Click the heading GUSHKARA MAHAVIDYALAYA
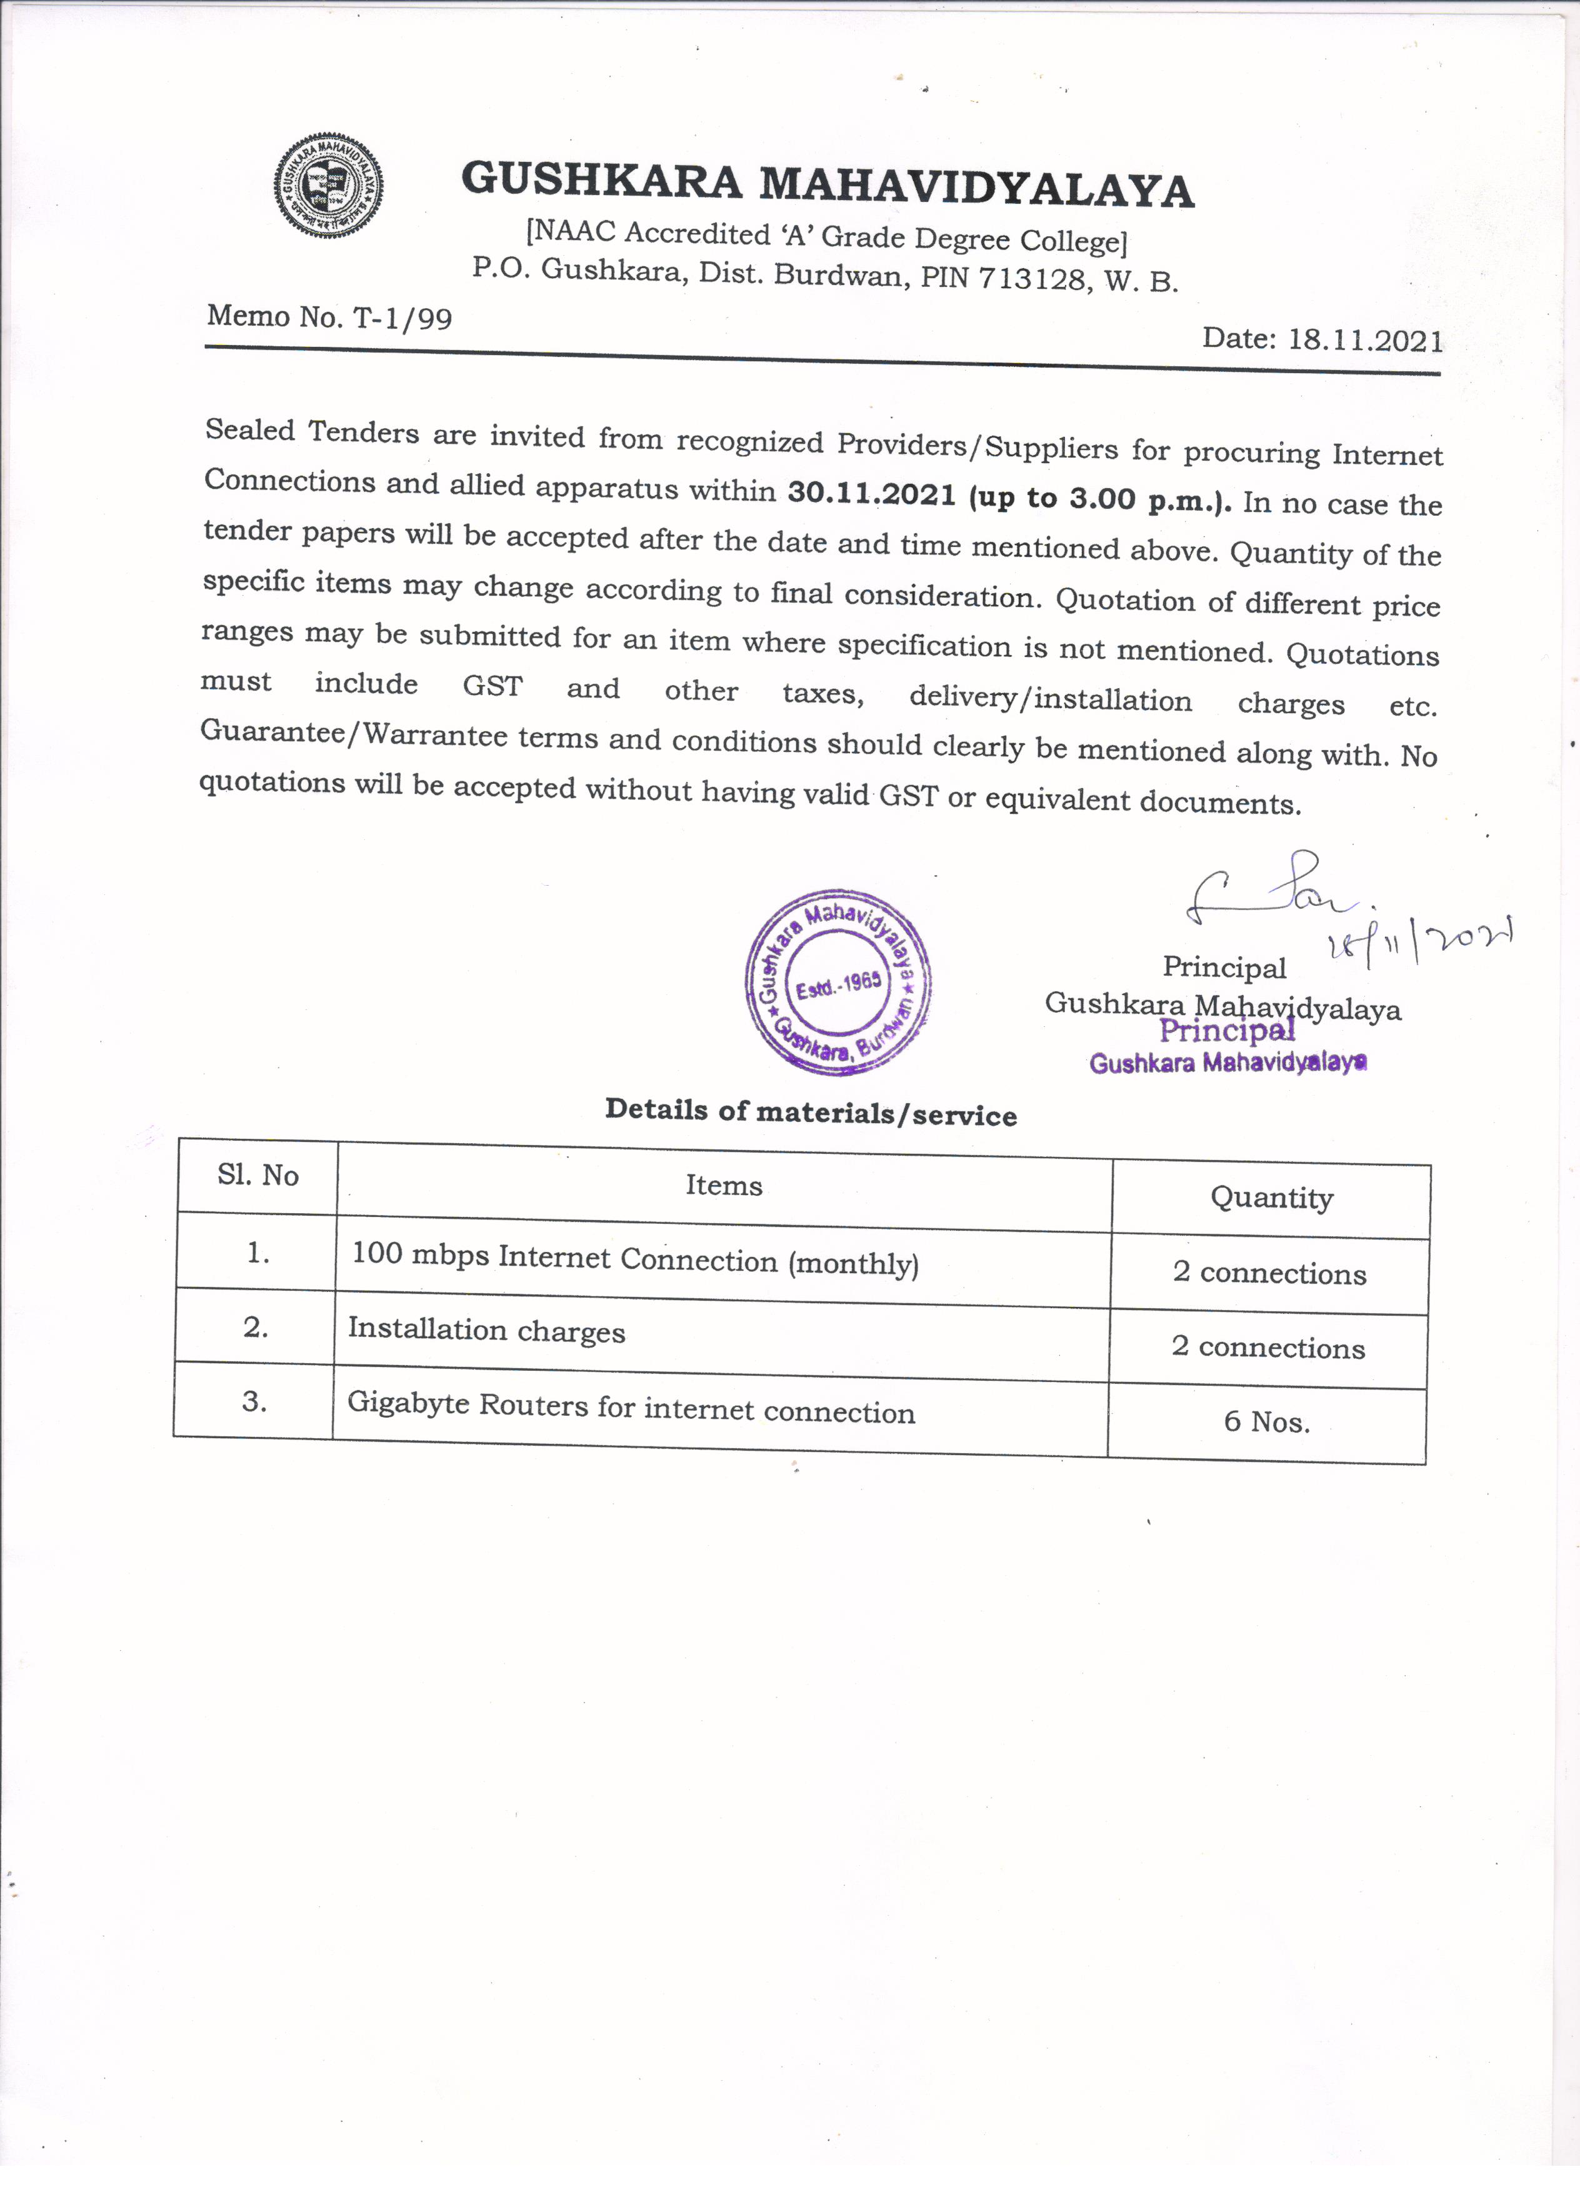[x=827, y=184]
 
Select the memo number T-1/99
[x=403, y=318]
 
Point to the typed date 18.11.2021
[x=1366, y=340]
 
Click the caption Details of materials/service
[x=811, y=1113]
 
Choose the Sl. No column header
[x=258, y=1175]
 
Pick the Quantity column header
[x=1272, y=1198]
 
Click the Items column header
[x=724, y=1186]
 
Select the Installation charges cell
[x=486, y=1331]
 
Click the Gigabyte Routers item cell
[x=630, y=1407]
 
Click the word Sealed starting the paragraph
[x=249, y=430]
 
